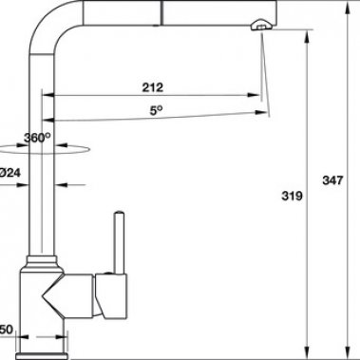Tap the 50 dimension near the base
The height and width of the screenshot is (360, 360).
point(5,329)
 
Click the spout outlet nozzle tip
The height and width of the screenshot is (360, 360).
point(257,32)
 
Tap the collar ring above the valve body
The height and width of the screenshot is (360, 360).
point(44,258)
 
